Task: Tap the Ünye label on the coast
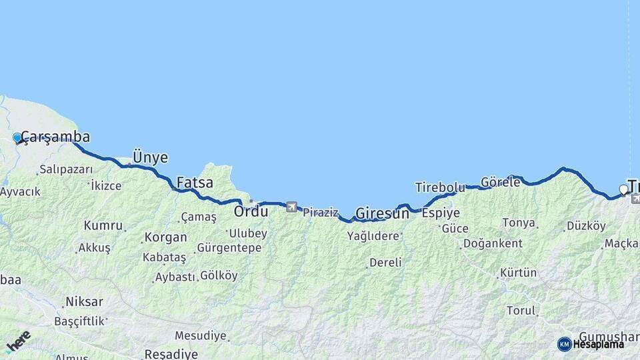150,157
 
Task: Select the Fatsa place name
195,182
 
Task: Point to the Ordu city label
251,212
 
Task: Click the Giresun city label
382,214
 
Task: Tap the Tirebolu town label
440,187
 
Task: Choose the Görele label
500,182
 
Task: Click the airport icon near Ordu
291,207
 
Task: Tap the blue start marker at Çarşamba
17,138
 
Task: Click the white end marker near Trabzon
624,189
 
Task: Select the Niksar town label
84,302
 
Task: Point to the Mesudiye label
200,335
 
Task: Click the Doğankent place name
493,243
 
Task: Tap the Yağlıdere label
373,236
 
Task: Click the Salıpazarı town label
66,169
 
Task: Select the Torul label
521,311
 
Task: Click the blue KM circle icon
564,344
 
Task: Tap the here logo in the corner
17,341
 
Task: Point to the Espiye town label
441,213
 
